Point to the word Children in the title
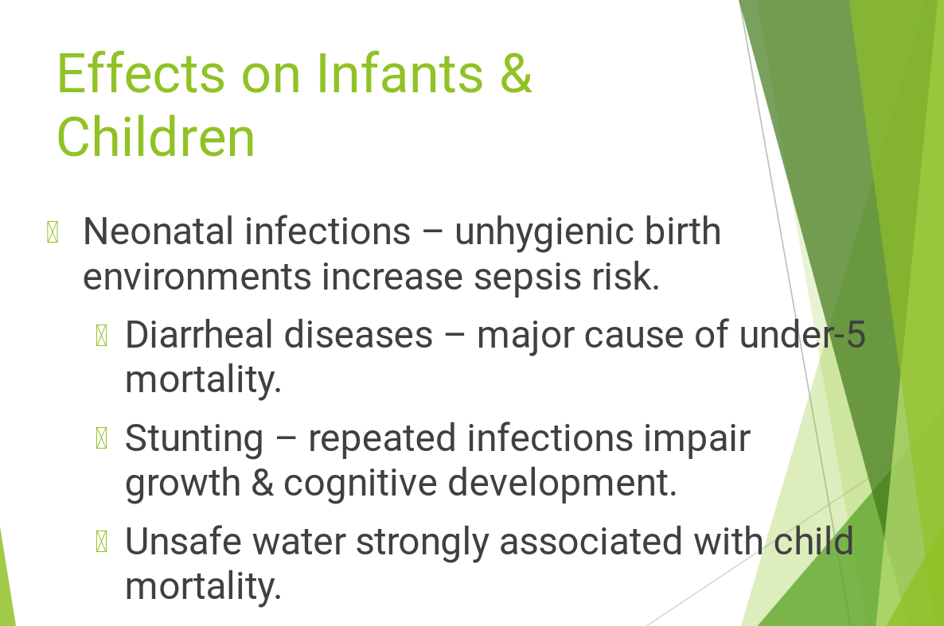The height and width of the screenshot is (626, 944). [x=156, y=137]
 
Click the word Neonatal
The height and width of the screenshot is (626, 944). [x=158, y=231]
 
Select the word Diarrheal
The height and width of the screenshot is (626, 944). [x=199, y=335]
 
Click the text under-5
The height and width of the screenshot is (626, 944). [x=802, y=335]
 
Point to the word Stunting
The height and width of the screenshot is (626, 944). [x=194, y=440]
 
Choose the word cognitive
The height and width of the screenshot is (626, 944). [x=360, y=484]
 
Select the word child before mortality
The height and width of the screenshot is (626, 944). [x=813, y=540]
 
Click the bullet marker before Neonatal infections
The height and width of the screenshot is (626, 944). [x=53, y=232]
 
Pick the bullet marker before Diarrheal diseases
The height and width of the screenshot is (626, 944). [x=102, y=335]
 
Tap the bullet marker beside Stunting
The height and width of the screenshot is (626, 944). [x=102, y=438]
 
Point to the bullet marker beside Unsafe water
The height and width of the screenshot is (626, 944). [x=102, y=542]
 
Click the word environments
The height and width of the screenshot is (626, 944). [x=197, y=277]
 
